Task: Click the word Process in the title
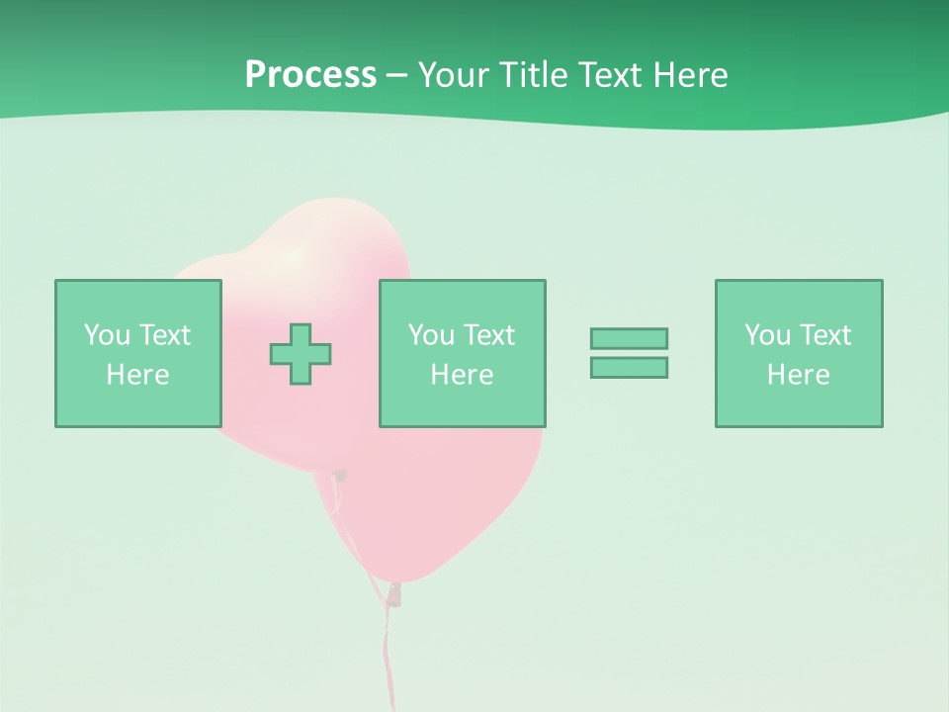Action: (310, 75)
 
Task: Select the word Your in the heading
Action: (453, 75)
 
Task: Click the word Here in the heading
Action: (692, 75)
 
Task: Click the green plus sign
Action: (301, 354)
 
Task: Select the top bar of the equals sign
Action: (629, 338)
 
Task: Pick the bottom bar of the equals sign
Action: (629, 367)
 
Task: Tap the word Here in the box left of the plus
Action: (137, 375)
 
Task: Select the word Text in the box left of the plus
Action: (164, 335)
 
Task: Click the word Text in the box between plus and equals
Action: (488, 335)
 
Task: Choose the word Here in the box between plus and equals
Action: (462, 375)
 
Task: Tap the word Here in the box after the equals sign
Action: (798, 375)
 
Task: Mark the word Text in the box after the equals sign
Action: (824, 335)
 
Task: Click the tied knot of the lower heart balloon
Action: (395, 593)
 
